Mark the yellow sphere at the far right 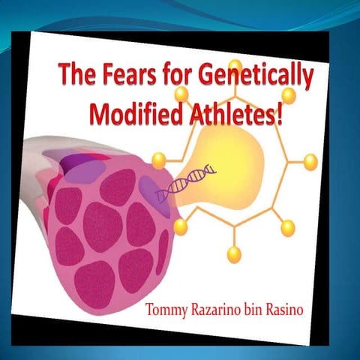pos(310,161)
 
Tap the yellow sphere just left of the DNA pos(159,160)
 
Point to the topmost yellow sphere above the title pos(235,64)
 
